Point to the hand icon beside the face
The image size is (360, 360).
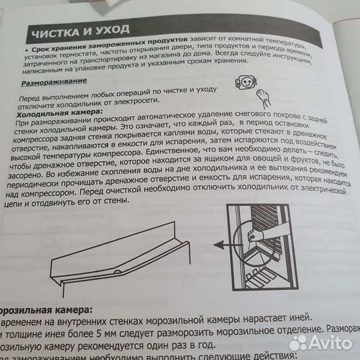pos(265,94)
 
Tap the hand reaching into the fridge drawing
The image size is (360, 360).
pos(254,235)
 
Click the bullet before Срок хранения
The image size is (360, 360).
pos(24,49)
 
